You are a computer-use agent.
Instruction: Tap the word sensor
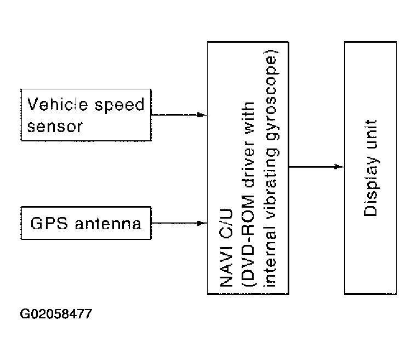click(x=55, y=127)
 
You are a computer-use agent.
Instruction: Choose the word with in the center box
click(x=248, y=117)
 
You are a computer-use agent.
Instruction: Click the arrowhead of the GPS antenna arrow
click(x=203, y=223)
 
